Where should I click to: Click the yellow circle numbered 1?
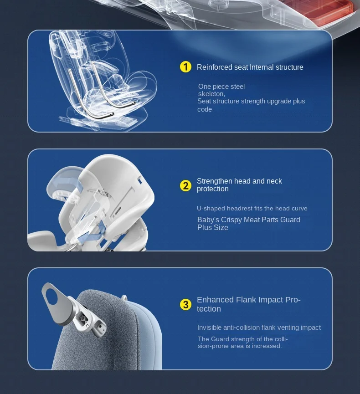pyautogui.click(x=185, y=67)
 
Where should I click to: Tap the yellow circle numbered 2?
pyautogui.click(x=185, y=186)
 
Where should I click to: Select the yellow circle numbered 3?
pyautogui.click(x=185, y=305)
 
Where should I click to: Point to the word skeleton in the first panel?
pyautogui.click(x=211, y=94)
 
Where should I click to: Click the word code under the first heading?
pyautogui.click(x=205, y=110)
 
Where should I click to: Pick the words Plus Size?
pyautogui.click(x=213, y=227)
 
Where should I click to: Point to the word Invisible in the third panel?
pyautogui.click(x=209, y=327)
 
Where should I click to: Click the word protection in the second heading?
pyautogui.click(x=213, y=189)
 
